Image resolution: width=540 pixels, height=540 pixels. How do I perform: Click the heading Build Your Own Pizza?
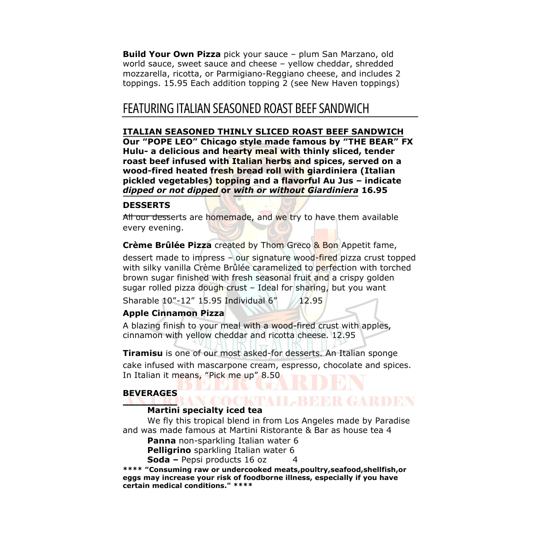(x=171, y=54)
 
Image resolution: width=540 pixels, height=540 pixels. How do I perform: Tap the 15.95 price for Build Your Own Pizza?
(x=175, y=83)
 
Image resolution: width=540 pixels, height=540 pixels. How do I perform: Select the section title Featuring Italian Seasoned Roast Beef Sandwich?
(x=245, y=108)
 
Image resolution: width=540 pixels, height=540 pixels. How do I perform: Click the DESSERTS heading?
(x=146, y=205)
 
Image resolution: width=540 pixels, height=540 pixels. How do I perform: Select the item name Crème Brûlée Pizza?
(x=167, y=245)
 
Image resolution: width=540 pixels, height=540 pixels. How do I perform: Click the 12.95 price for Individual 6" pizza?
(x=310, y=300)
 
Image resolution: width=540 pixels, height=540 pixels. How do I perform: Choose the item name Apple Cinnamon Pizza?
(x=173, y=313)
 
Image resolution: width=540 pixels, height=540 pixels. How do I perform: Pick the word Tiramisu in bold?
(x=142, y=353)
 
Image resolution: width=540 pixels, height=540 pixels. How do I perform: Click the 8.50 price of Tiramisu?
(x=270, y=375)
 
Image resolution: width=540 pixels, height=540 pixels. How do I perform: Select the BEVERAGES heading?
(x=150, y=393)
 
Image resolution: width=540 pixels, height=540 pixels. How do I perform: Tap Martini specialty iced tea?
(x=204, y=410)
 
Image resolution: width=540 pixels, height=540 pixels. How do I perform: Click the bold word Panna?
(x=161, y=440)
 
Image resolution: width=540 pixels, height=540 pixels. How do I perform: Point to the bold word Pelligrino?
(x=169, y=450)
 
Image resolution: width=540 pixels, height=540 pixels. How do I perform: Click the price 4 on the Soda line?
(x=295, y=459)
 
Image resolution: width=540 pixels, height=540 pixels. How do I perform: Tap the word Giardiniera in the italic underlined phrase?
(x=332, y=190)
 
